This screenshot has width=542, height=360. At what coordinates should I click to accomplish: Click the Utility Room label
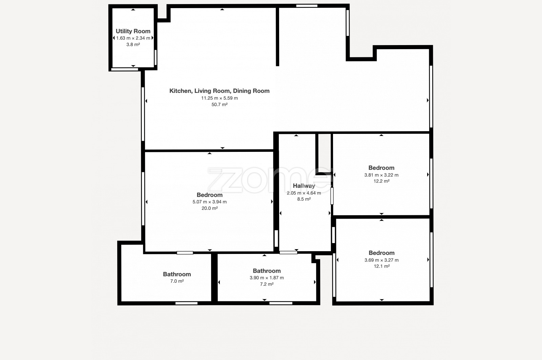coord(133,31)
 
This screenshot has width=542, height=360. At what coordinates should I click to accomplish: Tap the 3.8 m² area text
coord(133,44)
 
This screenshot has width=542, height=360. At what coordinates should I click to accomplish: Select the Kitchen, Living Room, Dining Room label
coord(220,91)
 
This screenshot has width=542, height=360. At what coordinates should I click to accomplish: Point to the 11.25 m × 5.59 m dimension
coord(220,98)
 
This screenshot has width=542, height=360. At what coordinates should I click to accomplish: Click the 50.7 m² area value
coord(220,105)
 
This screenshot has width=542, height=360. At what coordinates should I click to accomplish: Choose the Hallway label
coord(304,186)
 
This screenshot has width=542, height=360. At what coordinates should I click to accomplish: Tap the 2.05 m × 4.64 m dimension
coord(304,193)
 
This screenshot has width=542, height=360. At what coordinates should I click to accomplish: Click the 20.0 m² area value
coord(210,208)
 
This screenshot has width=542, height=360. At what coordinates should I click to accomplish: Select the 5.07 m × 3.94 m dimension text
coord(210,202)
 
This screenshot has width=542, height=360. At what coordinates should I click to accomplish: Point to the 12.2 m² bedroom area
coord(381,181)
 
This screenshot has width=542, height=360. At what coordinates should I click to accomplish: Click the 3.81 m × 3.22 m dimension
coord(381,175)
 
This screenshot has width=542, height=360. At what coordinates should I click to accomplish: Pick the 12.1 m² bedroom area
coord(381,266)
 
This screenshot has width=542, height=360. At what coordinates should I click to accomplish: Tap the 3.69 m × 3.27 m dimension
coord(381,260)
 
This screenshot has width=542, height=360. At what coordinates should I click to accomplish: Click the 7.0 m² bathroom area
coord(177,281)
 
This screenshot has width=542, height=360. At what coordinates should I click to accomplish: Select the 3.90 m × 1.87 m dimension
coord(267,278)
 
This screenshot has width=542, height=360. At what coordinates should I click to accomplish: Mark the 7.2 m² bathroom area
coord(267,284)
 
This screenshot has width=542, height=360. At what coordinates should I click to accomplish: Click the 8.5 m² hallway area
coord(304,199)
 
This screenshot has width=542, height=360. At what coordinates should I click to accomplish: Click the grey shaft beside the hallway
coord(324,153)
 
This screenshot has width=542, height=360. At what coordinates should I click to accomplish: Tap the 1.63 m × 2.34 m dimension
coord(133,38)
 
